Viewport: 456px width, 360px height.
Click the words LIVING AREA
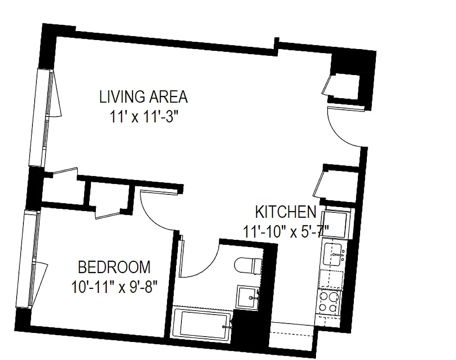143,97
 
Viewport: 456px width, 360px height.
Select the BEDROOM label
114,267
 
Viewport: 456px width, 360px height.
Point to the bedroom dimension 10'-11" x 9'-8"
114,287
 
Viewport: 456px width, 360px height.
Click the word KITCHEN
285,212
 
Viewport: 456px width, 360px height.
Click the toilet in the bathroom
247,265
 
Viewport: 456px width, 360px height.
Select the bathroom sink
248,297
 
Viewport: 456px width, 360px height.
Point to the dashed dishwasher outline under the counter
331,279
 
